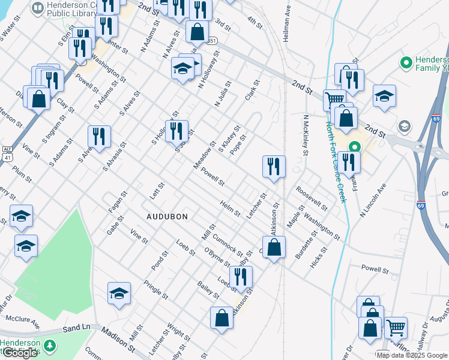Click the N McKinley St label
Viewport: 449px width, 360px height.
[305, 135]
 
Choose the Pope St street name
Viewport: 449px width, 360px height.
[239, 143]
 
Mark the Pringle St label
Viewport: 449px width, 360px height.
[157, 288]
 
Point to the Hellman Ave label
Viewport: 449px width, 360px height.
[286, 24]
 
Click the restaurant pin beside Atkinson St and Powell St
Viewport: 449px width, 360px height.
[274, 166]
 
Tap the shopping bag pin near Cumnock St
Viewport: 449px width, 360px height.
[274, 247]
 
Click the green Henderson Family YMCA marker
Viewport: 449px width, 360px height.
[406, 62]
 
